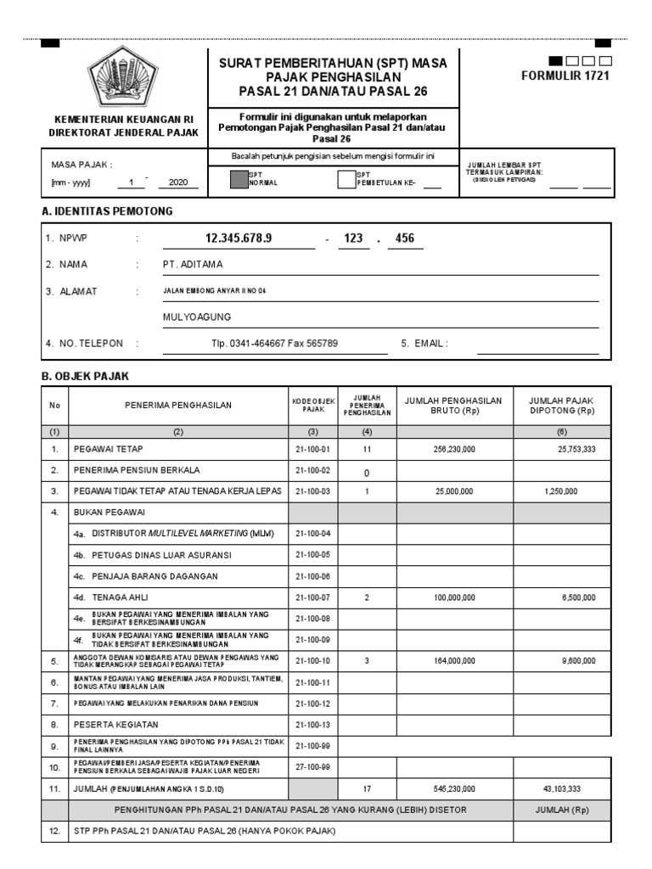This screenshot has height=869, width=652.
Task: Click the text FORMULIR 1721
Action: (565, 76)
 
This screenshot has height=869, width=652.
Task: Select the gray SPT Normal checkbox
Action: (237, 179)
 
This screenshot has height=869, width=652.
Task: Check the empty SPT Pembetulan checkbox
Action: (345, 179)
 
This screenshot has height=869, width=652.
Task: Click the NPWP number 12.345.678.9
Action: (239, 238)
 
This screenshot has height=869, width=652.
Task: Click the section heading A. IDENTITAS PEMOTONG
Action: (107, 210)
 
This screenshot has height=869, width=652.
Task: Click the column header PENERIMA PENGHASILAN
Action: (177, 406)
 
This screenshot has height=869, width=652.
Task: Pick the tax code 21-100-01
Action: (312, 448)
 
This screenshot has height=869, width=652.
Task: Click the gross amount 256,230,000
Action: (455, 448)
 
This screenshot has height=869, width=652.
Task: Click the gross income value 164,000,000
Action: (455, 659)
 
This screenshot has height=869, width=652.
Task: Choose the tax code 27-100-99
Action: (312, 767)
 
